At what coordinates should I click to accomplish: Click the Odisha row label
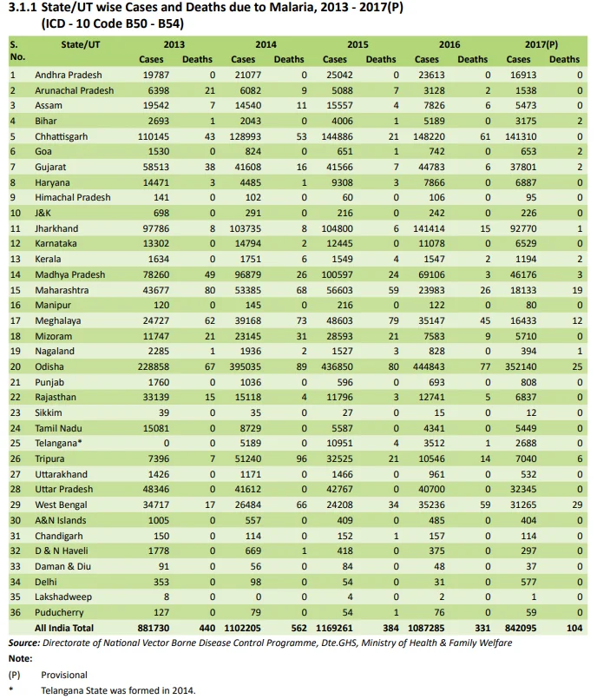click(x=49, y=367)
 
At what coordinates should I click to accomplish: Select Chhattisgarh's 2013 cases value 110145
click(x=154, y=136)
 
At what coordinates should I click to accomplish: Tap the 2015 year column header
click(x=358, y=44)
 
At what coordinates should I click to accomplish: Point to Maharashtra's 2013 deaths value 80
click(x=210, y=290)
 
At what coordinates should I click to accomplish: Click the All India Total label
click(x=64, y=628)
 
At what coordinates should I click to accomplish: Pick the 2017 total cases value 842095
click(x=521, y=628)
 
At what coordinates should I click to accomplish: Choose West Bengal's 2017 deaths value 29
click(x=577, y=505)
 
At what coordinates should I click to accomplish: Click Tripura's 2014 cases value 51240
click(x=247, y=458)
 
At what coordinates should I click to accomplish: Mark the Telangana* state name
click(x=58, y=444)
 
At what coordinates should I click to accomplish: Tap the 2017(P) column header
click(x=541, y=44)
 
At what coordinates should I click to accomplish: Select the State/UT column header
click(x=81, y=44)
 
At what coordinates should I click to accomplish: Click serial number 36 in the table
click(x=16, y=612)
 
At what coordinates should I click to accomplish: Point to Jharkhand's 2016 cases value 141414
click(x=429, y=228)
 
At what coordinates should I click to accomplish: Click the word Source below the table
click(x=24, y=643)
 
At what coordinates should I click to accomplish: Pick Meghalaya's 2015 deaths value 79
click(x=393, y=321)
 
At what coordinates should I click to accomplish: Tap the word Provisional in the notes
click(x=64, y=675)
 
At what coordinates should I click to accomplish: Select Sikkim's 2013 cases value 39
click(x=163, y=412)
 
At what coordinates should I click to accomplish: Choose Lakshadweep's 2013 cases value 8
click(x=167, y=597)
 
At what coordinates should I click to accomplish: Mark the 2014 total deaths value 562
click(x=299, y=628)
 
